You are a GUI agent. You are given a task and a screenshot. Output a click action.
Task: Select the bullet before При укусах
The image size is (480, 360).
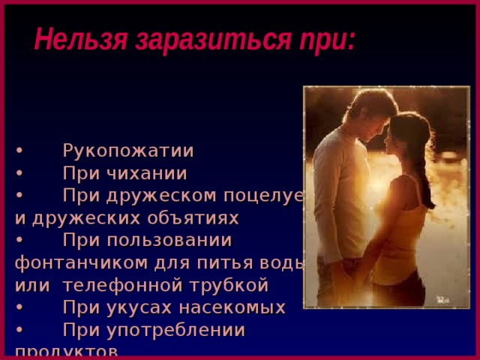pos(19,307)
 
